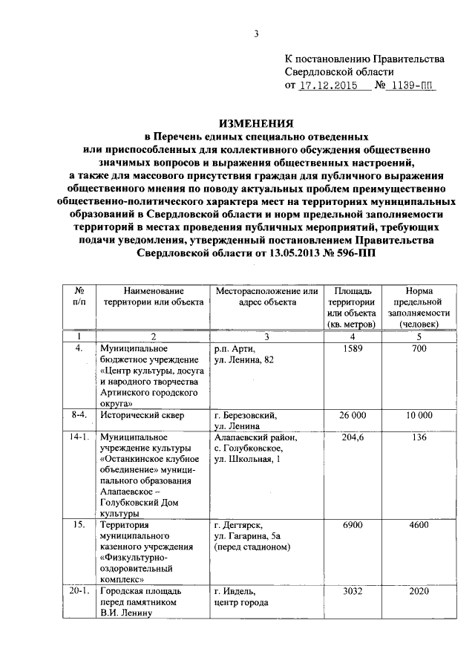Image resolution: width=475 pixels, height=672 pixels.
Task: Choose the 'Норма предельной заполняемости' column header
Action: coord(419,307)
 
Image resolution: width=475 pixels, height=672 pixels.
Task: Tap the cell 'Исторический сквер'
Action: coord(143,415)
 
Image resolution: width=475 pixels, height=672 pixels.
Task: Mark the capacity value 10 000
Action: coord(419,415)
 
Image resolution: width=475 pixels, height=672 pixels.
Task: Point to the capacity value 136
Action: coord(419,438)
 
